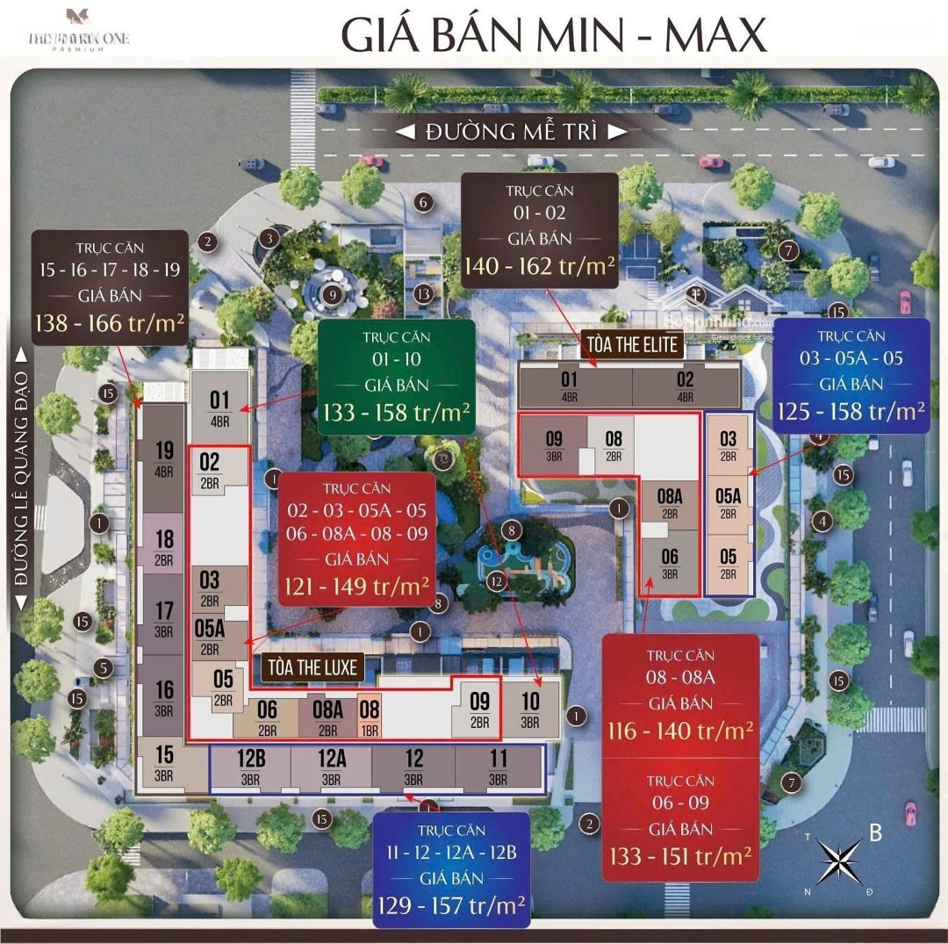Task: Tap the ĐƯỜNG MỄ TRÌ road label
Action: point(512,133)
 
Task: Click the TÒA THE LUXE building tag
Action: point(311,668)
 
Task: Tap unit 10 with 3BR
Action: point(530,708)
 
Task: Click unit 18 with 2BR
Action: point(164,546)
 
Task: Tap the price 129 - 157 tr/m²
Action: point(451,904)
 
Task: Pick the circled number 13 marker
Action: point(425,293)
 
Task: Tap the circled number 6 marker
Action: point(423,203)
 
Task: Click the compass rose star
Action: point(837,861)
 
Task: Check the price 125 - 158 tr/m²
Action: point(851,411)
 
